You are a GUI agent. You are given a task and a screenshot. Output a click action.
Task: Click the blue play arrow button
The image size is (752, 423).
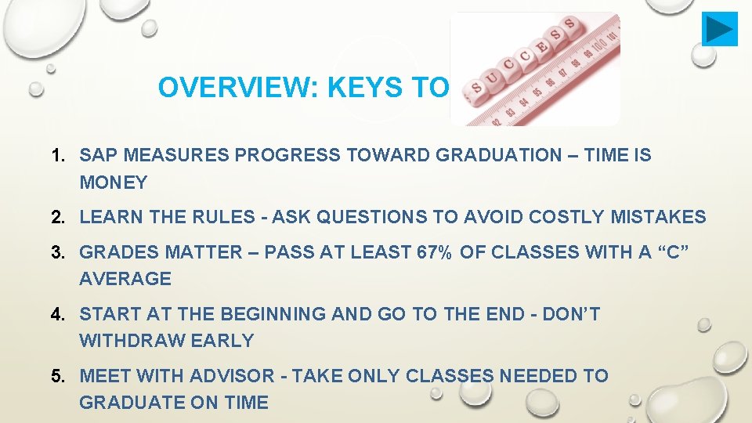click(719, 29)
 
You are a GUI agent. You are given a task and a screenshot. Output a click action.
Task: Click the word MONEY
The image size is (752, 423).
click(114, 183)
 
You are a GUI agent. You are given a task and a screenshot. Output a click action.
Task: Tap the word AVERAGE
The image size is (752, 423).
click(125, 279)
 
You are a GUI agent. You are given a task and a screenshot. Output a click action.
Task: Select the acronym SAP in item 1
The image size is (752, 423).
click(97, 155)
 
